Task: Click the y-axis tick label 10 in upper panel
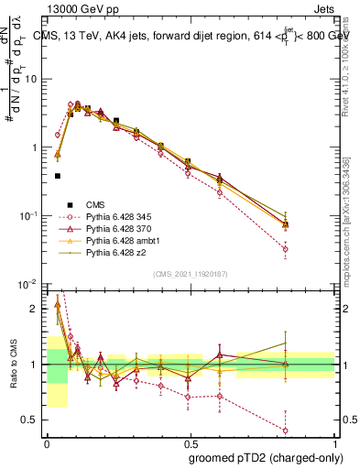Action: point(32,79)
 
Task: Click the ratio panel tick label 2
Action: point(37,308)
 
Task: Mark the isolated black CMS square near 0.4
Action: point(58,176)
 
